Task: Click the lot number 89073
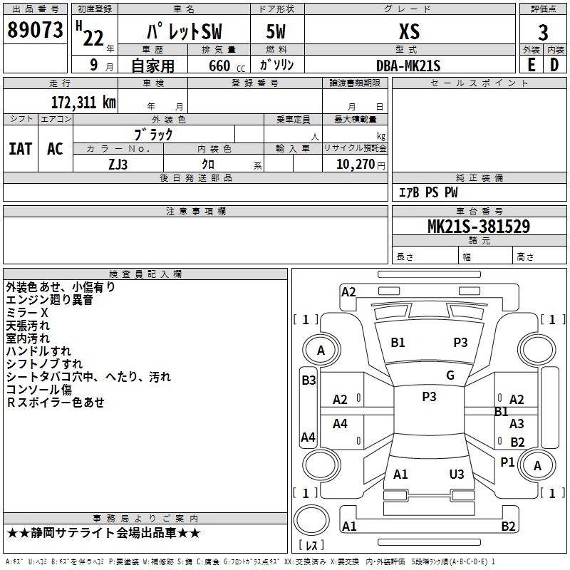click(x=35, y=30)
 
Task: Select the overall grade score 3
click(x=543, y=32)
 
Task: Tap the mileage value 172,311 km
click(x=83, y=102)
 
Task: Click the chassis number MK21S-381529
click(x=479, y=227)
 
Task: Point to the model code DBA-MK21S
click(x=408, y=66)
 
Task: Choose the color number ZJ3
click(x=118, y=165)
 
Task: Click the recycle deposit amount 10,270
click(x=355, y=164)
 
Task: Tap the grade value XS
click(x=409, y=31)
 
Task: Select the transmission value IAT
click(x=21, y=149)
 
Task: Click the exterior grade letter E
click(x=531, y=65)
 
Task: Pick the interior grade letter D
click(x=554, y=65)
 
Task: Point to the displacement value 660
click(x=219, y=66)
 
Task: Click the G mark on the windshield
click(x=450, y=375)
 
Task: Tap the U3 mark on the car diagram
click(x=457, y=474)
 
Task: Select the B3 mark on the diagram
click(x=309, y=380)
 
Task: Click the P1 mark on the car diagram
click(x=507, y=462)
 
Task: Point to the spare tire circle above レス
click(x=311, y=520)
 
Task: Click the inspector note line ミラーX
click(x=27, y=313)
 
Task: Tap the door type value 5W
click(x=276, y=31)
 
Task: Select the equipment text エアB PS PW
click(x=428, y=192)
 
